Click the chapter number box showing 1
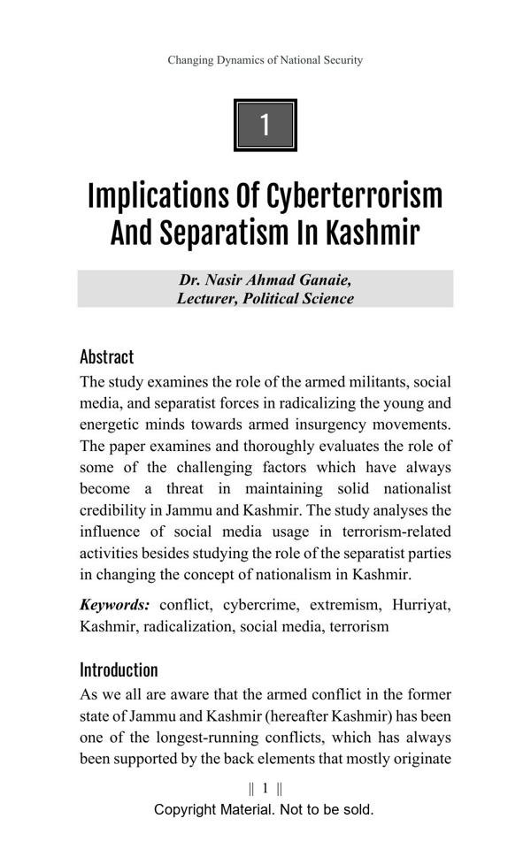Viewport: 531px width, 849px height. pos(265,126)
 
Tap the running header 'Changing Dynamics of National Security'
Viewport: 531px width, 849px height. pos(265,60)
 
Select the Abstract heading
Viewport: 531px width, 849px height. pos(106,357)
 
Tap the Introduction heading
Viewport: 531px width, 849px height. pos(119,669)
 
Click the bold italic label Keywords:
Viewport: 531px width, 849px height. pos(114,605)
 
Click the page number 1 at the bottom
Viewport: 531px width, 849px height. pos(265,788)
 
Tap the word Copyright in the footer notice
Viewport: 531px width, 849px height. pos(189,809)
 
